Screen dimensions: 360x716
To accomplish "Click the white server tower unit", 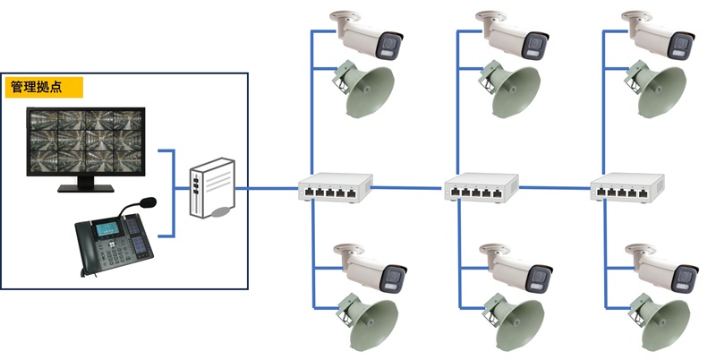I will click(x=213, y=189).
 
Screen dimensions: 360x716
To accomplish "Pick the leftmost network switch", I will click(x=334, y=189).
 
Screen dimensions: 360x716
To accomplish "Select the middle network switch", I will click(x=482, y=189).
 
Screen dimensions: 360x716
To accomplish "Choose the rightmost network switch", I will click(x=627, y=189).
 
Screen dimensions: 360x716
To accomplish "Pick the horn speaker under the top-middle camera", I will click(x=512, y=90).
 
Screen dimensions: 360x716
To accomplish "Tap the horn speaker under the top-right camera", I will click(x=659, y=90).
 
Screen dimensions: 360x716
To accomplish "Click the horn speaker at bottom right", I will click(x=660, y=324).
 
